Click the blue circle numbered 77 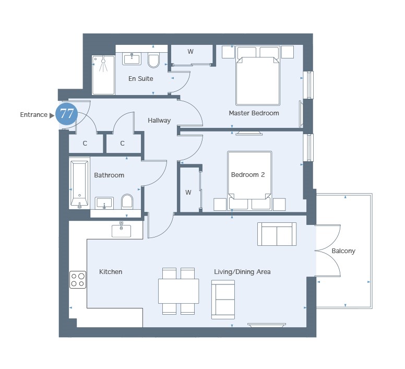click(67, 114)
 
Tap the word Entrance click(33, 115)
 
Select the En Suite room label click(141, 78)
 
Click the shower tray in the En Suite click(103, 75)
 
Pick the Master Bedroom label click(254, 113)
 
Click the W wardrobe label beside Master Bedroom click(190, 52)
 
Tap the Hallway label click(159, 121)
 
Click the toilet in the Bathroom click(127, 201)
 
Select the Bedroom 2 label click(248, 175)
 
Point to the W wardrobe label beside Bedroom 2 click(188, 193)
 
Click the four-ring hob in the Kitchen click(78, 280)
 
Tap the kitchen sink click(122, 231)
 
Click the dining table click(178, 291)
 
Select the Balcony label click(343, 251)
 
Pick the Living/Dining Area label click(242, 272)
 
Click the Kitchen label click(111, 271)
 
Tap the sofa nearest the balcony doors click(277, 234)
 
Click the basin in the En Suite click(132, 59)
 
